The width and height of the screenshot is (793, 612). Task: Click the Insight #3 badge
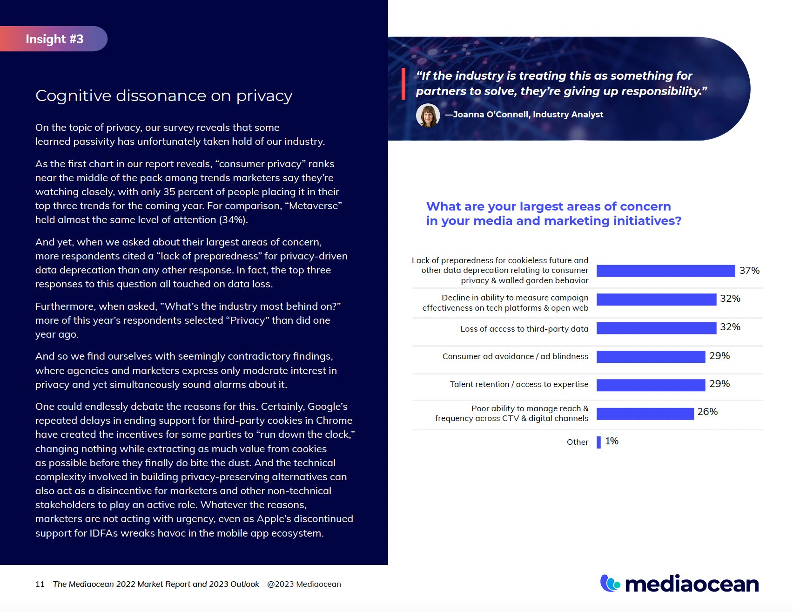[x=54, y=39]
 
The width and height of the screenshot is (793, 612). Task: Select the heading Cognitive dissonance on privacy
[x=164, y=96]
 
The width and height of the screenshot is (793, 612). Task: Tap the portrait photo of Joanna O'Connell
[x=428, y=115]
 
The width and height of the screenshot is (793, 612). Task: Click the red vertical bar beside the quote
[x=403, y=84]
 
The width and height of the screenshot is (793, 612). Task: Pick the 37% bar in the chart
[x=665, y=271]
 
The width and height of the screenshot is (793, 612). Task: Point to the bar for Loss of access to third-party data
[x=656, y=328]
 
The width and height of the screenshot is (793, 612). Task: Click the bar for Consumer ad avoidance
[x=651, y=356]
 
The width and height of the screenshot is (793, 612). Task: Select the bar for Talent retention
[x=651, y=385]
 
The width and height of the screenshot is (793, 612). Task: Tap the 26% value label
[x=707, y=412]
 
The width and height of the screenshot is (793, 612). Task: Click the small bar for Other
[x=598, y=442]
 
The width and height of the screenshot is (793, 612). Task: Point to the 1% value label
[x=612, y=441]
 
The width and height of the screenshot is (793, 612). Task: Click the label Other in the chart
[x=578, y=442]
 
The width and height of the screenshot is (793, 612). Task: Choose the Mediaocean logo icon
[x=610, y=583]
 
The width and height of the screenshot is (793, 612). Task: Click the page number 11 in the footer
[x=40, y=584]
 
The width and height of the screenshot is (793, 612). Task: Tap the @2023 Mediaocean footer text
[x=304, y=584]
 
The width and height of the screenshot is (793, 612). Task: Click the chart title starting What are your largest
[x=553, y=213]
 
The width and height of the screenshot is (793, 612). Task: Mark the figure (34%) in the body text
[x=233, y=220]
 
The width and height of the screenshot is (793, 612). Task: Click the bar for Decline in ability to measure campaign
[x=656, y=299]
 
